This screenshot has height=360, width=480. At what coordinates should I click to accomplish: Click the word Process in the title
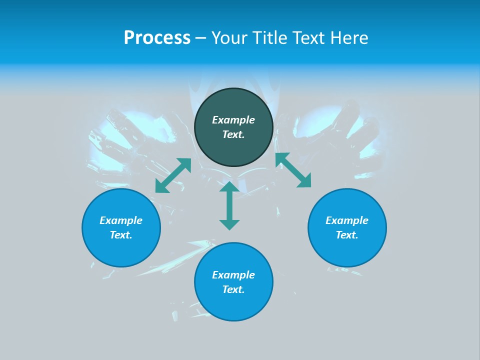point(157,38)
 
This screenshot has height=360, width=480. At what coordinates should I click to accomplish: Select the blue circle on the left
point(121,250)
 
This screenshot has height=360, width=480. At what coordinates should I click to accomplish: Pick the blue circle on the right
point(347,250)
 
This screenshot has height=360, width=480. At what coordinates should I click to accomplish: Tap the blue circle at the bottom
point(233,305)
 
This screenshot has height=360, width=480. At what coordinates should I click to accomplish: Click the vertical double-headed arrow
point(229,205)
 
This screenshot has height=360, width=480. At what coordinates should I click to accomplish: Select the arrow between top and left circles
point(173,175)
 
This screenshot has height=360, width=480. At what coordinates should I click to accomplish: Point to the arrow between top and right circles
point(293,170)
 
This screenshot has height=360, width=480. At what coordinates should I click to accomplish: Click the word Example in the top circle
point(233,120)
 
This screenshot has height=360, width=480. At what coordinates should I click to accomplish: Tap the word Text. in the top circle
point(233,134)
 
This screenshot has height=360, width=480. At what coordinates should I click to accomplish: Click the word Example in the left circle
point(121,220)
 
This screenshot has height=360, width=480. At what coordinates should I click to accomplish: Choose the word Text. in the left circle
point(121,235)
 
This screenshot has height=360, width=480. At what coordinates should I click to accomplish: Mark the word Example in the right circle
point(347,220)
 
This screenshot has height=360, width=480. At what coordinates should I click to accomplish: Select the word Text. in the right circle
point(347,235)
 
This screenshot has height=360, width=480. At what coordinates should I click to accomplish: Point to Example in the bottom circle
point(233,275)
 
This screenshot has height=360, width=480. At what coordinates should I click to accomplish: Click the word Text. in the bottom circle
point(233,289)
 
